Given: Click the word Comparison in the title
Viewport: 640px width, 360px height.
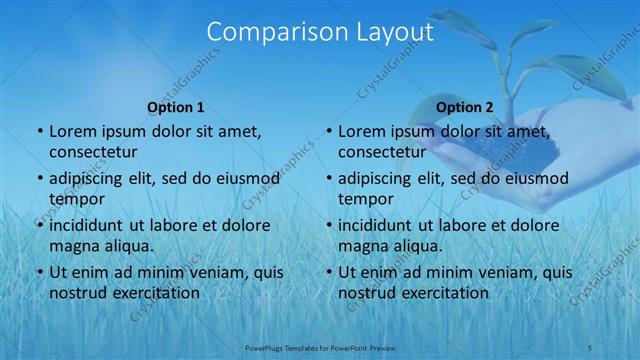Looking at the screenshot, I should pyautogui.click(x=272, y=32).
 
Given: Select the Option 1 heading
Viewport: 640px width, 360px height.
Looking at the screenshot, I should pyautogui.click(x=176, y=107).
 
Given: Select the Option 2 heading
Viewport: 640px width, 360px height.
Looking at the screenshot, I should pyautogui.click(x=465, y=107).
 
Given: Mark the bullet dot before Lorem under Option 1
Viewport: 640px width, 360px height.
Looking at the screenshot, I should pyautogui.click(x=39, y=131).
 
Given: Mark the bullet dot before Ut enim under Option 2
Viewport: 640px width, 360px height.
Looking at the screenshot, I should pyautogui.click(x=328, y=272).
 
